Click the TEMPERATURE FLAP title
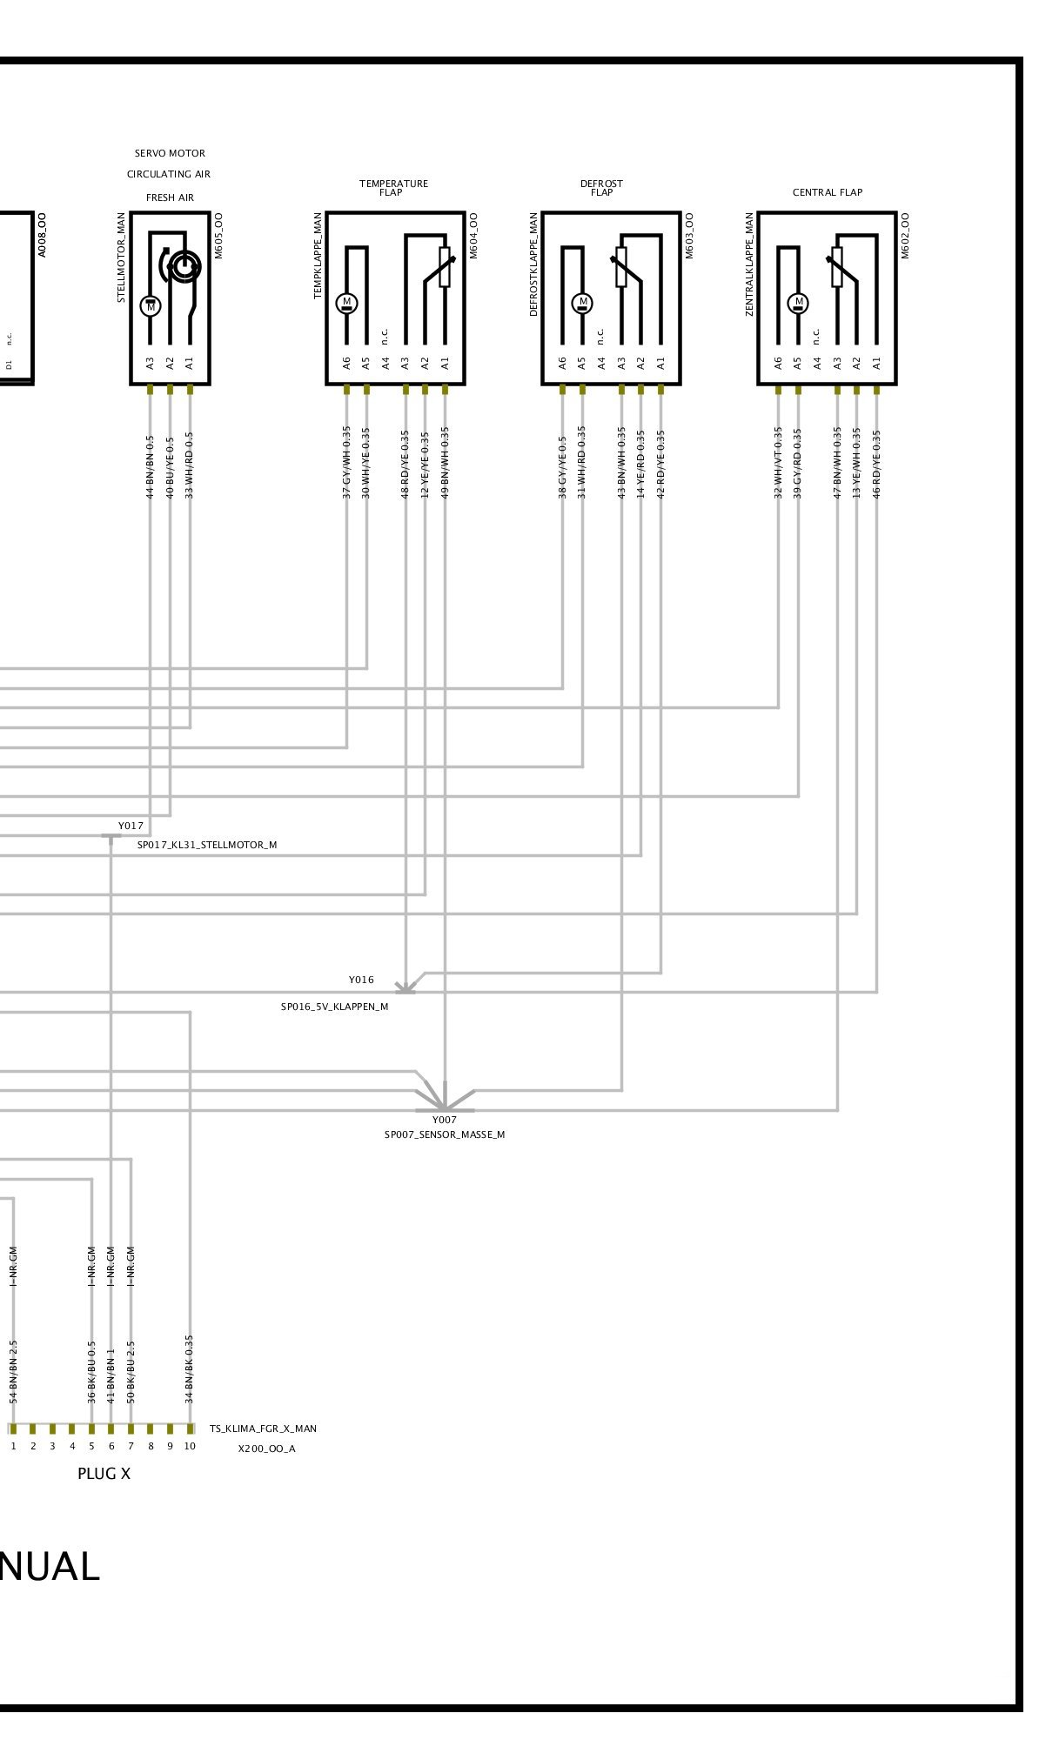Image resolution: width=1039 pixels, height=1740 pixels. (x=393, y=188)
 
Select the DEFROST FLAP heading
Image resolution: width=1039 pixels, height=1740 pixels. (x=601, y=188)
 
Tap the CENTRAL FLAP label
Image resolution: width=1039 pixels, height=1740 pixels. (x=827, y=192)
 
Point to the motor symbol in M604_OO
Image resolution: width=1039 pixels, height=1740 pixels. (x=346, y=303)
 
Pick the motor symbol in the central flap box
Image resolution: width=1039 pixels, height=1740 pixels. (x=798, y=303)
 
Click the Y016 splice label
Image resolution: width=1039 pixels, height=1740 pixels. (x=361, y=980)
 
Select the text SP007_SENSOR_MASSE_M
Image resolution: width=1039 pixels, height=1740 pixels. (x=445, y=1134)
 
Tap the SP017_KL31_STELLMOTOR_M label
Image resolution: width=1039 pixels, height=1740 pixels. (x=207, y=845)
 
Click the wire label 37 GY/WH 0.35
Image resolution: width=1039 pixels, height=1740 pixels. (x=346, y=462)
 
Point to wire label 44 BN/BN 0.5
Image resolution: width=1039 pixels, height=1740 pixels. (x=150, y=466)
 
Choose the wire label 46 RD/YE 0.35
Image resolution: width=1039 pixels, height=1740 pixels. (x=876, y=462)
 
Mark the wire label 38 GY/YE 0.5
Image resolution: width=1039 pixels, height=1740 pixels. (x=562, y=466)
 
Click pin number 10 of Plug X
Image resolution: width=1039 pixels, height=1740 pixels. (x=190, y=1446)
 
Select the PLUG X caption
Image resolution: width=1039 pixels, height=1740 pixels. (x=104, y=1474)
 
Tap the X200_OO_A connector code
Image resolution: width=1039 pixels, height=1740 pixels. (x=266, y=1449)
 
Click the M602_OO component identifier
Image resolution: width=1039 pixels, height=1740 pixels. (x=905, y=235)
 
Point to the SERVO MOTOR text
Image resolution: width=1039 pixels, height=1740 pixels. (x=170, y=153)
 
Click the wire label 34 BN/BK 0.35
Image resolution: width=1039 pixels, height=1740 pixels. (x=190, y=1369)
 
